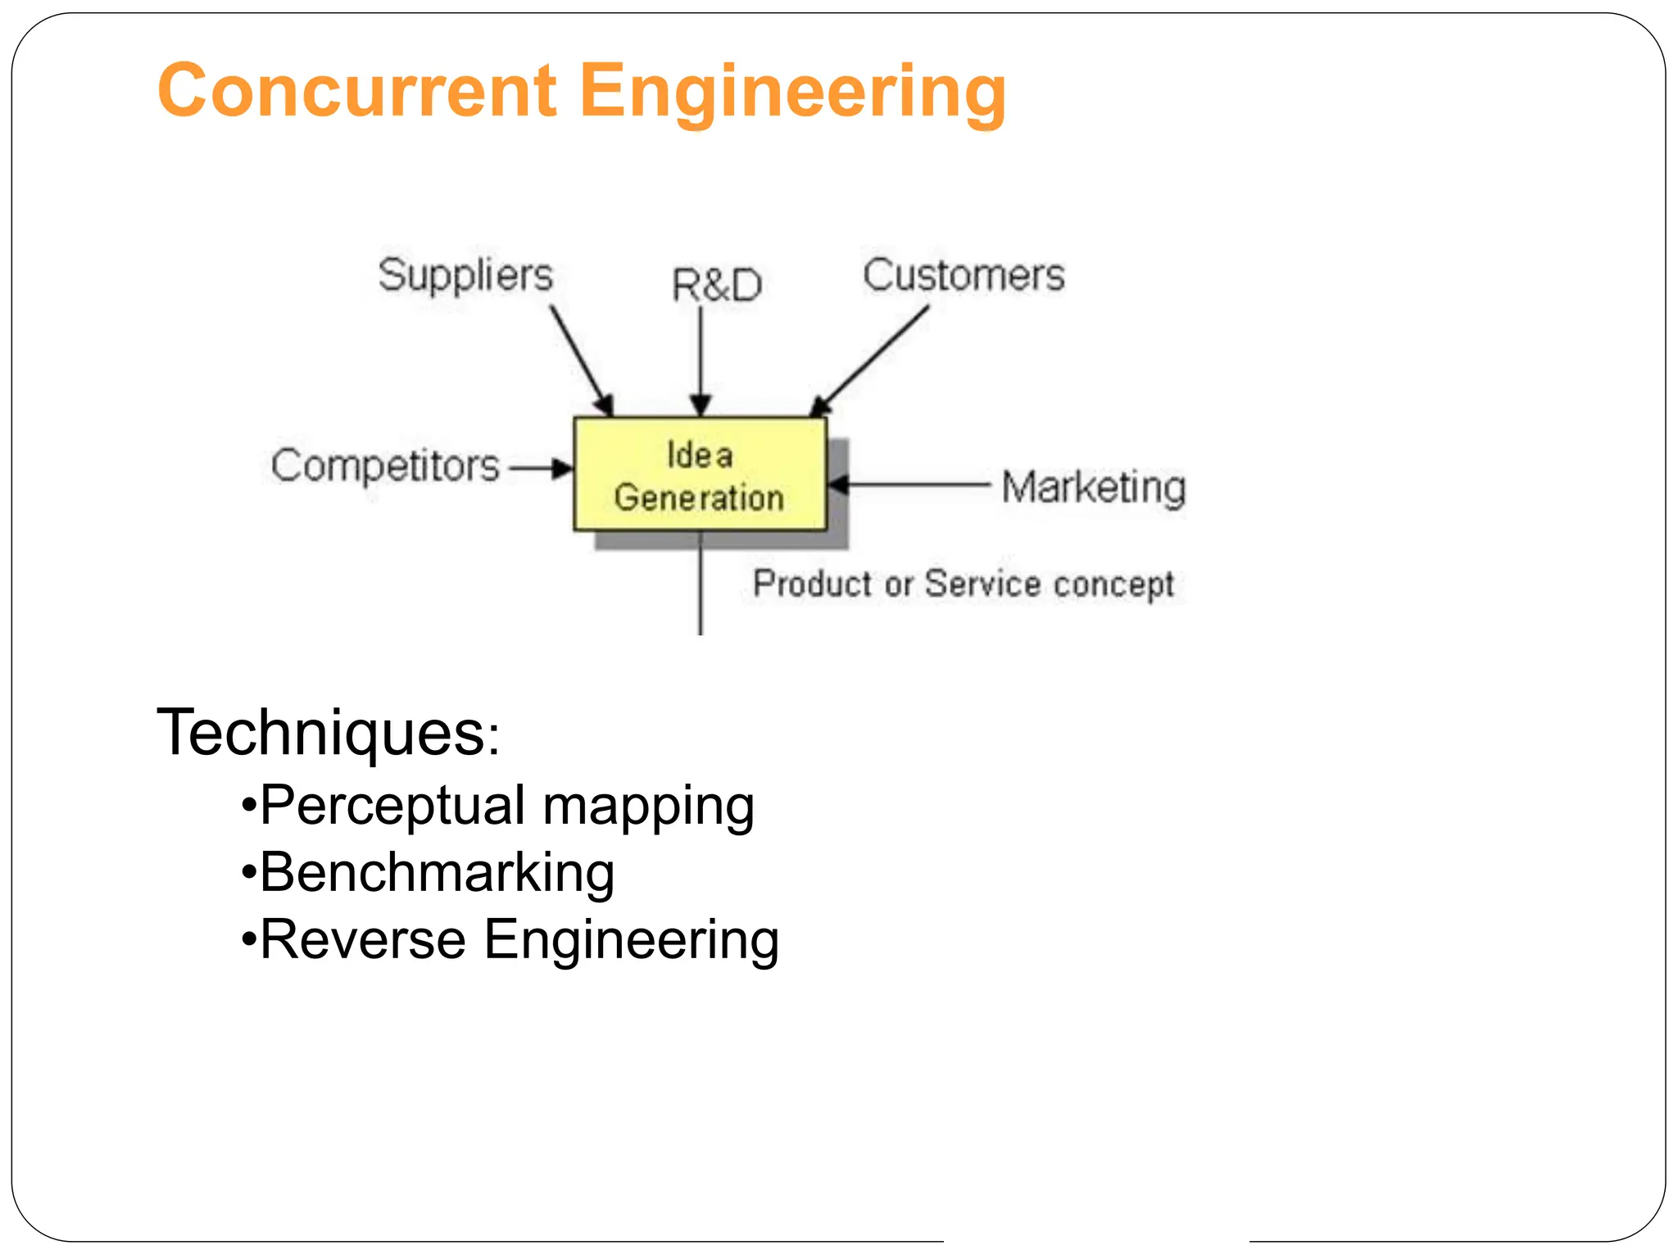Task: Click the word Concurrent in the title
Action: point(357,91)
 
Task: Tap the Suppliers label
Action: point(465,275)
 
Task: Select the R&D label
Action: point(716,285)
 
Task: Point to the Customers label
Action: point(964,275)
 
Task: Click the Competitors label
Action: point(385,466)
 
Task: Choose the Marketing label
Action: point(1093,487)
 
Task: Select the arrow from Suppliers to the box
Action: point(581,360)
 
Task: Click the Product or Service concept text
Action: point(963,584)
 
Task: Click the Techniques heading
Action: point(327,732)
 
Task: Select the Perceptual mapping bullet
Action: point(506,806)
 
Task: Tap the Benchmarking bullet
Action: point(436,873)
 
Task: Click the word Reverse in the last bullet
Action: point(362,939)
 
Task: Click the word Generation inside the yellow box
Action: point(699,498)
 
